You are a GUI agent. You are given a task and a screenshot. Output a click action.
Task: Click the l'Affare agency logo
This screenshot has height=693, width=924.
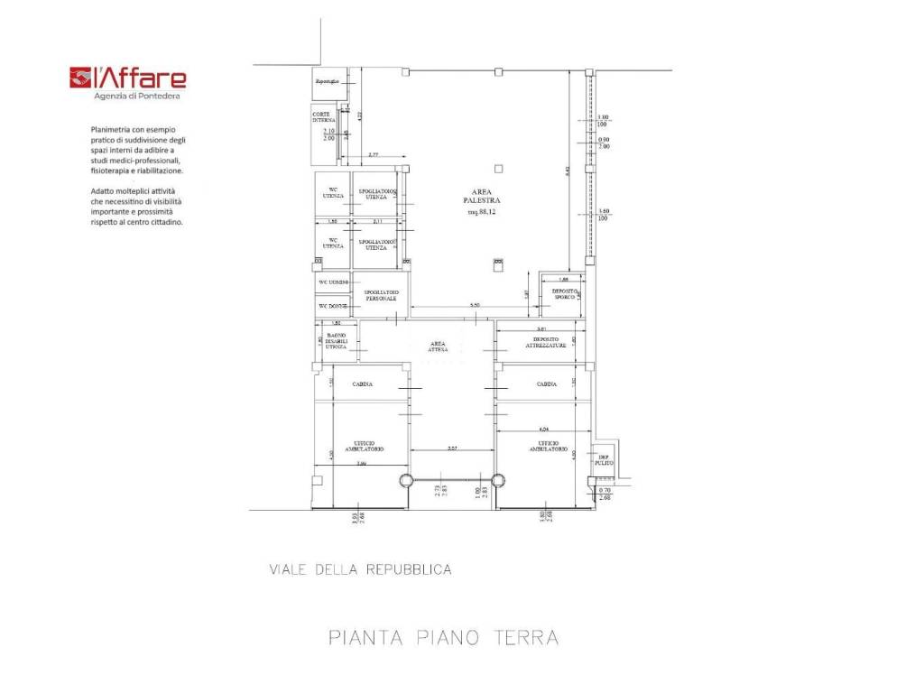tap(128, 79)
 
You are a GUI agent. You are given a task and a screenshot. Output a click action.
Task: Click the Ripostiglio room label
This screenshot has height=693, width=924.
tap(327, 82)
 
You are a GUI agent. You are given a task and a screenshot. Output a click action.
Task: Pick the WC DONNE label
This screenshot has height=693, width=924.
tap(332, 306)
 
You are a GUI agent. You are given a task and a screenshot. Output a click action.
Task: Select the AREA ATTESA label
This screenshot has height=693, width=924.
tap(439, 347)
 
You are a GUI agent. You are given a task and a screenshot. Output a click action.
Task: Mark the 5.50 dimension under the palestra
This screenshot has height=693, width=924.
tap(474, 307)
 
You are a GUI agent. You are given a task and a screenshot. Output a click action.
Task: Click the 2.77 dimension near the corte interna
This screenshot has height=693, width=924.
tap(373, 155)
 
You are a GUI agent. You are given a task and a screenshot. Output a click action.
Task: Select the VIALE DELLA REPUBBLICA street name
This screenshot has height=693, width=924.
tap(360, 569)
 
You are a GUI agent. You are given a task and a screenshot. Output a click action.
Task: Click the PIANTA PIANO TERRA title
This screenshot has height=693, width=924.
tap(443, 637)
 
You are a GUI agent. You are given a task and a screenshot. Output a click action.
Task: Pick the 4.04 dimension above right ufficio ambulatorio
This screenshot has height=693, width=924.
tap(543, 428)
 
